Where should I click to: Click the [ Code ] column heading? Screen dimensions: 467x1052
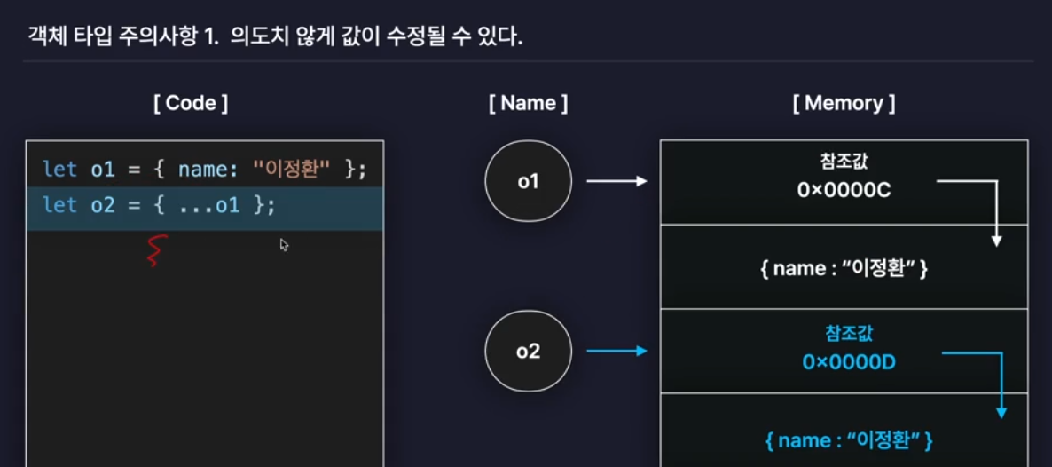pos(190,103)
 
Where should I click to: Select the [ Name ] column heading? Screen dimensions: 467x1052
pos(528,103)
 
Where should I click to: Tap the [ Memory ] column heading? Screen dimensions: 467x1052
pos(844,103)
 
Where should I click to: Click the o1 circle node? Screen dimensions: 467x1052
pos(528,181)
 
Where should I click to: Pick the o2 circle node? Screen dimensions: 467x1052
pos(528,352)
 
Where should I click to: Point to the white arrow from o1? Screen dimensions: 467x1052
pos(617,181)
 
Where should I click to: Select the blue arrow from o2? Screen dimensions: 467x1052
pos(617,352)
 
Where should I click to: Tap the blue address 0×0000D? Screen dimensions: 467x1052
pos(844,362)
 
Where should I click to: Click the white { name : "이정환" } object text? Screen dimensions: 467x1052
pos(844,268)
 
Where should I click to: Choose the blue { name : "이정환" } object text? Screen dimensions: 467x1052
pos(844,439)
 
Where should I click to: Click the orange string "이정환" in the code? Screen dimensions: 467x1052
pos(293,169)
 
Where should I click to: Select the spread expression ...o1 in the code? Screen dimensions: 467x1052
pos(209,205)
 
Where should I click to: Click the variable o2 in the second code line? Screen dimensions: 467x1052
pos(102,205)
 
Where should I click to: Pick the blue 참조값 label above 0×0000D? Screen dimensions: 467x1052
pos(844,336)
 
